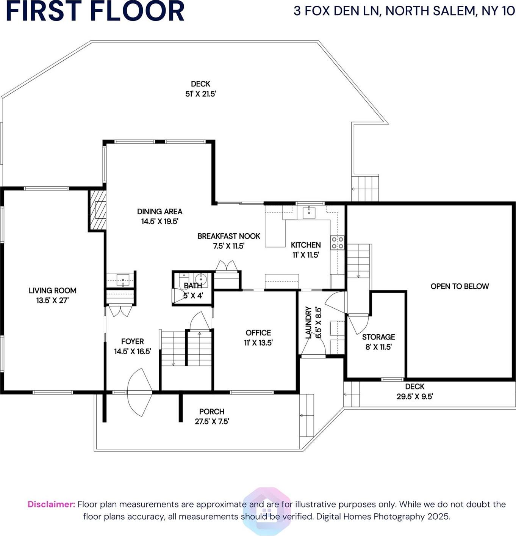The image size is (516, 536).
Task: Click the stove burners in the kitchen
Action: tap(337, 243)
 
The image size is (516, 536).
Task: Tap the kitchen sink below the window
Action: tap(309, 212)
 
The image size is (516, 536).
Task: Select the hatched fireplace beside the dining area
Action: tap(97, 210)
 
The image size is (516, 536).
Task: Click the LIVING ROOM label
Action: tap(52, 291)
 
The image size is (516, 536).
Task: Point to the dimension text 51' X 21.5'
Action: tap(200, 94)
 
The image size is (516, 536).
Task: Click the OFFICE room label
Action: tap(258, 333)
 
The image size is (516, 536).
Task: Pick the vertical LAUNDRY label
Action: tap(308, 322)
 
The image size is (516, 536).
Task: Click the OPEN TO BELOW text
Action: tap(460, 286)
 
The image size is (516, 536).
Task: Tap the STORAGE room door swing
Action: tap(358, 324)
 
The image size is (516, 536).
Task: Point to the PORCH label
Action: tap(212, 412)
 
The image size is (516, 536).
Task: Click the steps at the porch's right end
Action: tap(306, 415)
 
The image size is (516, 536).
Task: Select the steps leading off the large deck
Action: tap(365, 189)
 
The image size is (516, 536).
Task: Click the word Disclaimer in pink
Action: tap(51, 505)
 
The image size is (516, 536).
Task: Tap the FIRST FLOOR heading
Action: tap(95, 11)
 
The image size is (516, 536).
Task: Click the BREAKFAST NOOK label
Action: tap(228, 236)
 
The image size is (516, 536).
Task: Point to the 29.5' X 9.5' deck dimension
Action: tap(414, 397)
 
